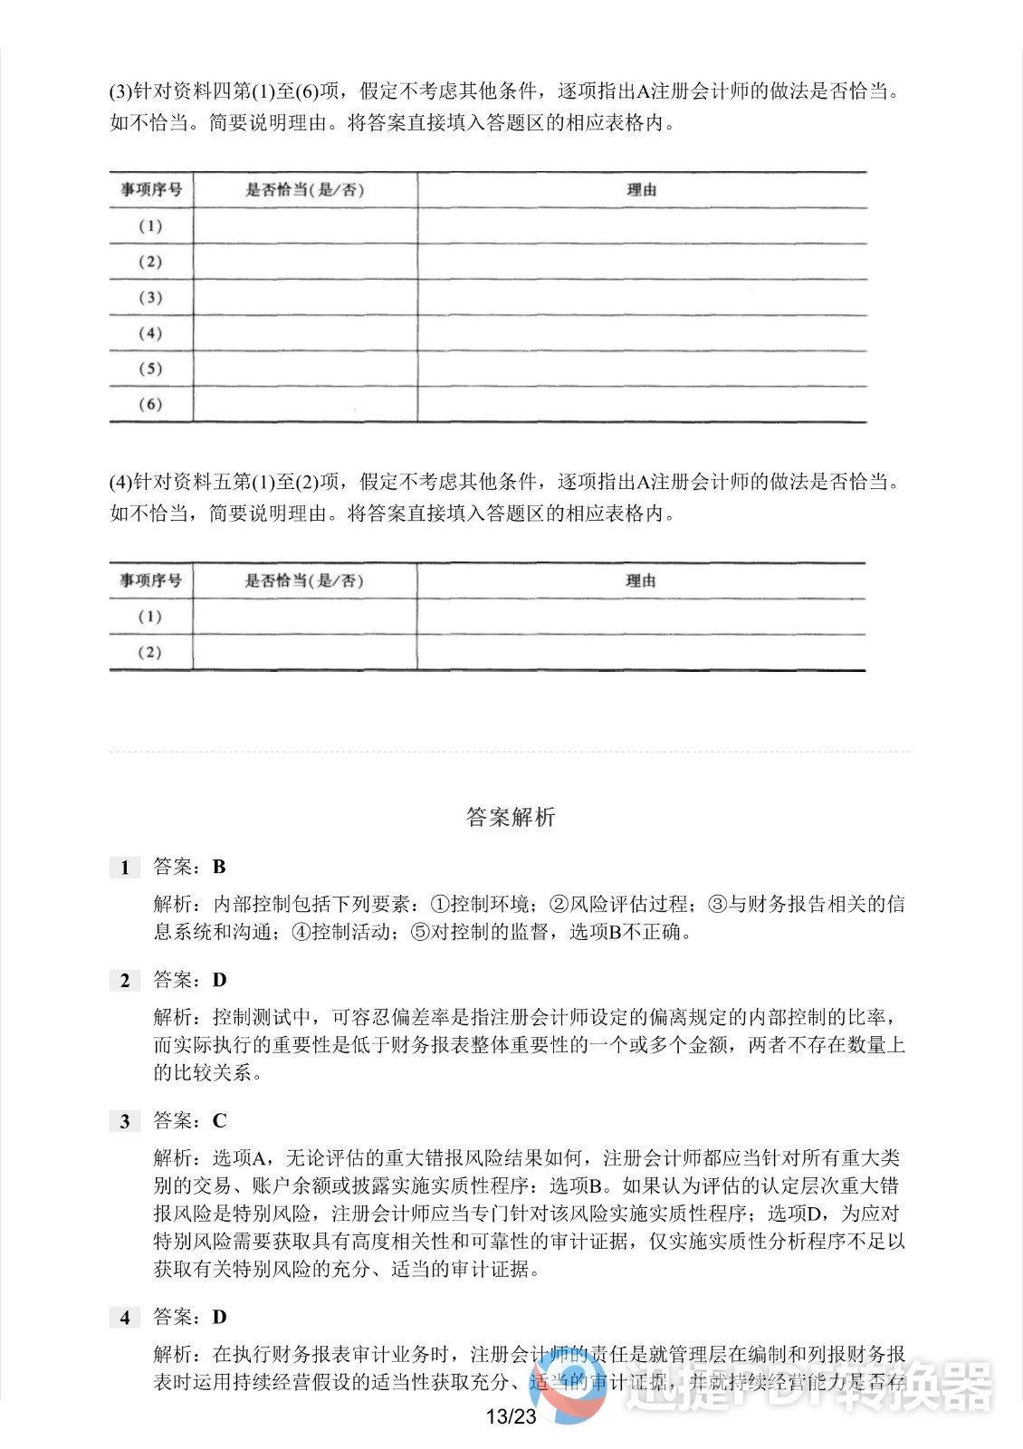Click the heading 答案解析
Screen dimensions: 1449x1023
(511, 817)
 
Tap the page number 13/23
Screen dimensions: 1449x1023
(511, 1416)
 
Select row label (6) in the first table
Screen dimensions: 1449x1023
(150, 405)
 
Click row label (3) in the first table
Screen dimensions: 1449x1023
(150, 298)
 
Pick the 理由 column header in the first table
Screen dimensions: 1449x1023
(641, 190)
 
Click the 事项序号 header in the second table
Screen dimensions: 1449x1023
(151, 581)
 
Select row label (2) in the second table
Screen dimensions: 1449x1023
(150, 652)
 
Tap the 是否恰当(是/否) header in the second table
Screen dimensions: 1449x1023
(304, 581)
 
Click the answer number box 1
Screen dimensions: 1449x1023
(125, 868)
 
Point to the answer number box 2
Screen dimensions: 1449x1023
(125, 981)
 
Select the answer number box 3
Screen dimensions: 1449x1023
(125, 1122)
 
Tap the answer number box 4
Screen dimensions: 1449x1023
(125, 1318)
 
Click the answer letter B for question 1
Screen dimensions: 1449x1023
(219, 868)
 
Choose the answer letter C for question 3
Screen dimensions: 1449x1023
(219, 1121)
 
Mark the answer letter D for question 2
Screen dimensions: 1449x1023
(219, 981)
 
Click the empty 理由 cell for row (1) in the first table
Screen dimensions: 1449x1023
(641, 226)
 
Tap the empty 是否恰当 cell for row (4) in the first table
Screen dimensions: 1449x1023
(305, 333)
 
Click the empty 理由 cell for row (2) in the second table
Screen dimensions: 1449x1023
(641, 652)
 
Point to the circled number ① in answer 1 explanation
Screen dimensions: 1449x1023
(439, 904)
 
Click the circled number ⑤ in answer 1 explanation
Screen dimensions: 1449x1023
(419, 932)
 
